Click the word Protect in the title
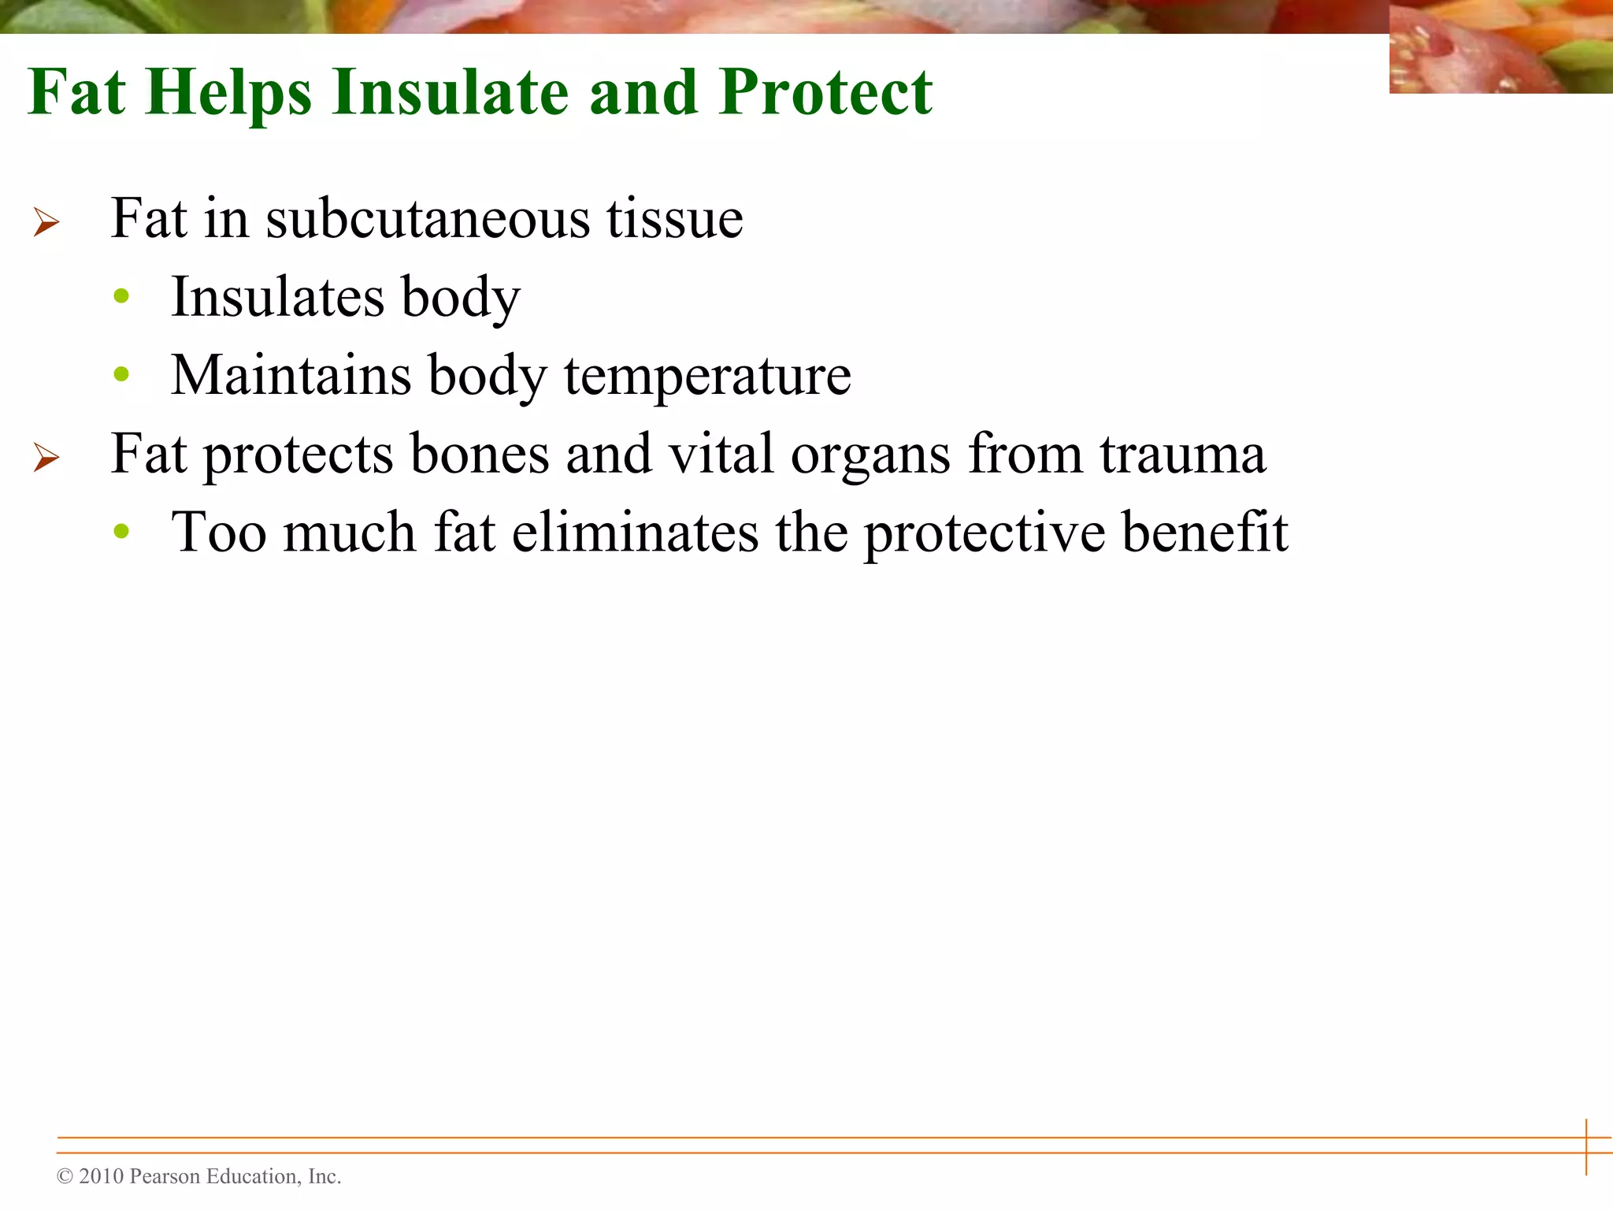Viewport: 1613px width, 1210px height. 825,92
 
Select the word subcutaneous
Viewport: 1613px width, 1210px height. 427,218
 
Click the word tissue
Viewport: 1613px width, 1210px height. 674,218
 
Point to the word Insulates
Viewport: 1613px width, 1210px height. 277,297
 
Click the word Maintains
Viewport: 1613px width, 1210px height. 291,375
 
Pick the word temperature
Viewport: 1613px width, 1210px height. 706,377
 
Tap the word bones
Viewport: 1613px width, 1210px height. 479,454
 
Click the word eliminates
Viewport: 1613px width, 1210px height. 635,533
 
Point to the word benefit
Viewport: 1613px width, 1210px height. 1204,533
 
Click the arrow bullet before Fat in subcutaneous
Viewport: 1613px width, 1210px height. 46,222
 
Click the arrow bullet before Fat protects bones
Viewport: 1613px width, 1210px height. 46,458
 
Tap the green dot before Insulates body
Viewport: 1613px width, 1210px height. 121,297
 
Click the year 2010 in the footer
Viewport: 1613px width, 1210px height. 102,1177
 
